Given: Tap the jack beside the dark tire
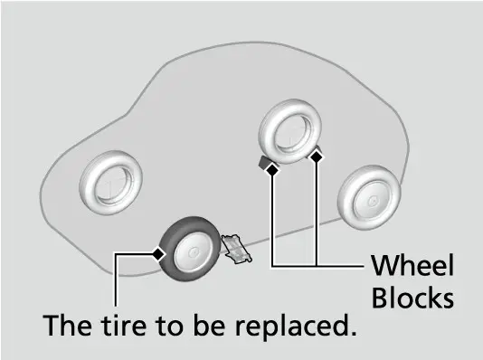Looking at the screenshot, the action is click(x=237, y=249).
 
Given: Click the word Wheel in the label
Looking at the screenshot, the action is click(x=412, y=265).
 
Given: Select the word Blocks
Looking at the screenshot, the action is click(x=412, y=298).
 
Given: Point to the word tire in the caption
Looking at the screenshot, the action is click(x=124, y=325).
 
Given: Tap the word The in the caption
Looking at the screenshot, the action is click(x=67, y=325).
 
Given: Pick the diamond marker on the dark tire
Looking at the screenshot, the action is click(x=158, y=254).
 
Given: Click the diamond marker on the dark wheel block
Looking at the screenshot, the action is click(x=272, y=170).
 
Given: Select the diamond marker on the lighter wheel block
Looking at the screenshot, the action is click(x=317, y=157).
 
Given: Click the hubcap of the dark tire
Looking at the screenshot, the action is click(x=194, y=252).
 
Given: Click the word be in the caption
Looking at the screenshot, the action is click(x=209, y=325).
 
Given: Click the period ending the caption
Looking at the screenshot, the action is click(x=353, y=333).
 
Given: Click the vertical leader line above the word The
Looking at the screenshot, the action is click(x=116, y=280).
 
